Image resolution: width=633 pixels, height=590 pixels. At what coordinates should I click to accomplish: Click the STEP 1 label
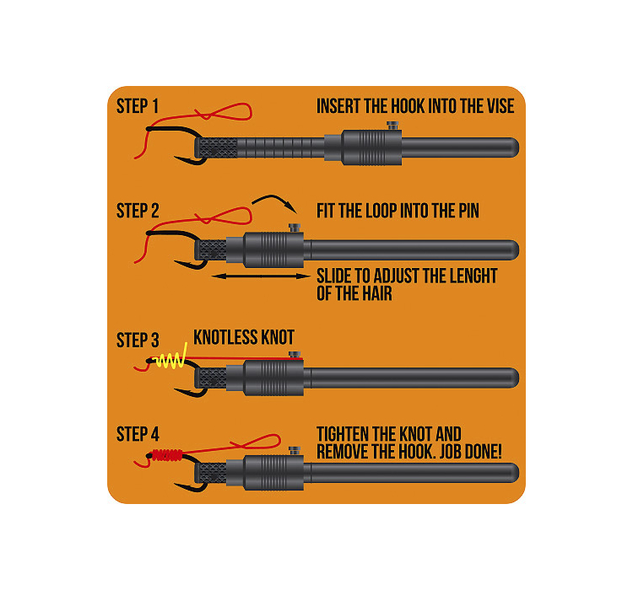tap(138, 107)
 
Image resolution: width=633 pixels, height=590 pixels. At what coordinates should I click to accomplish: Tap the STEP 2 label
tap(138, 211)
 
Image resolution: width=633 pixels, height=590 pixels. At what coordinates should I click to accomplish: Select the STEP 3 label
tap(138, 341)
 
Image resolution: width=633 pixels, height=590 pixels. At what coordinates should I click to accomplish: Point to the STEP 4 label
tap(138, 435)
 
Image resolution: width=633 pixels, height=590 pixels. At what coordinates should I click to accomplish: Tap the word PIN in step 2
tap(463, 211)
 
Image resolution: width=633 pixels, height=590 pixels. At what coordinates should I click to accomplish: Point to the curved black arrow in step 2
tap(272, 201)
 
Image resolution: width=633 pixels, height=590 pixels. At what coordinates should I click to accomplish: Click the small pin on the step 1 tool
tap(392, 126)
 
